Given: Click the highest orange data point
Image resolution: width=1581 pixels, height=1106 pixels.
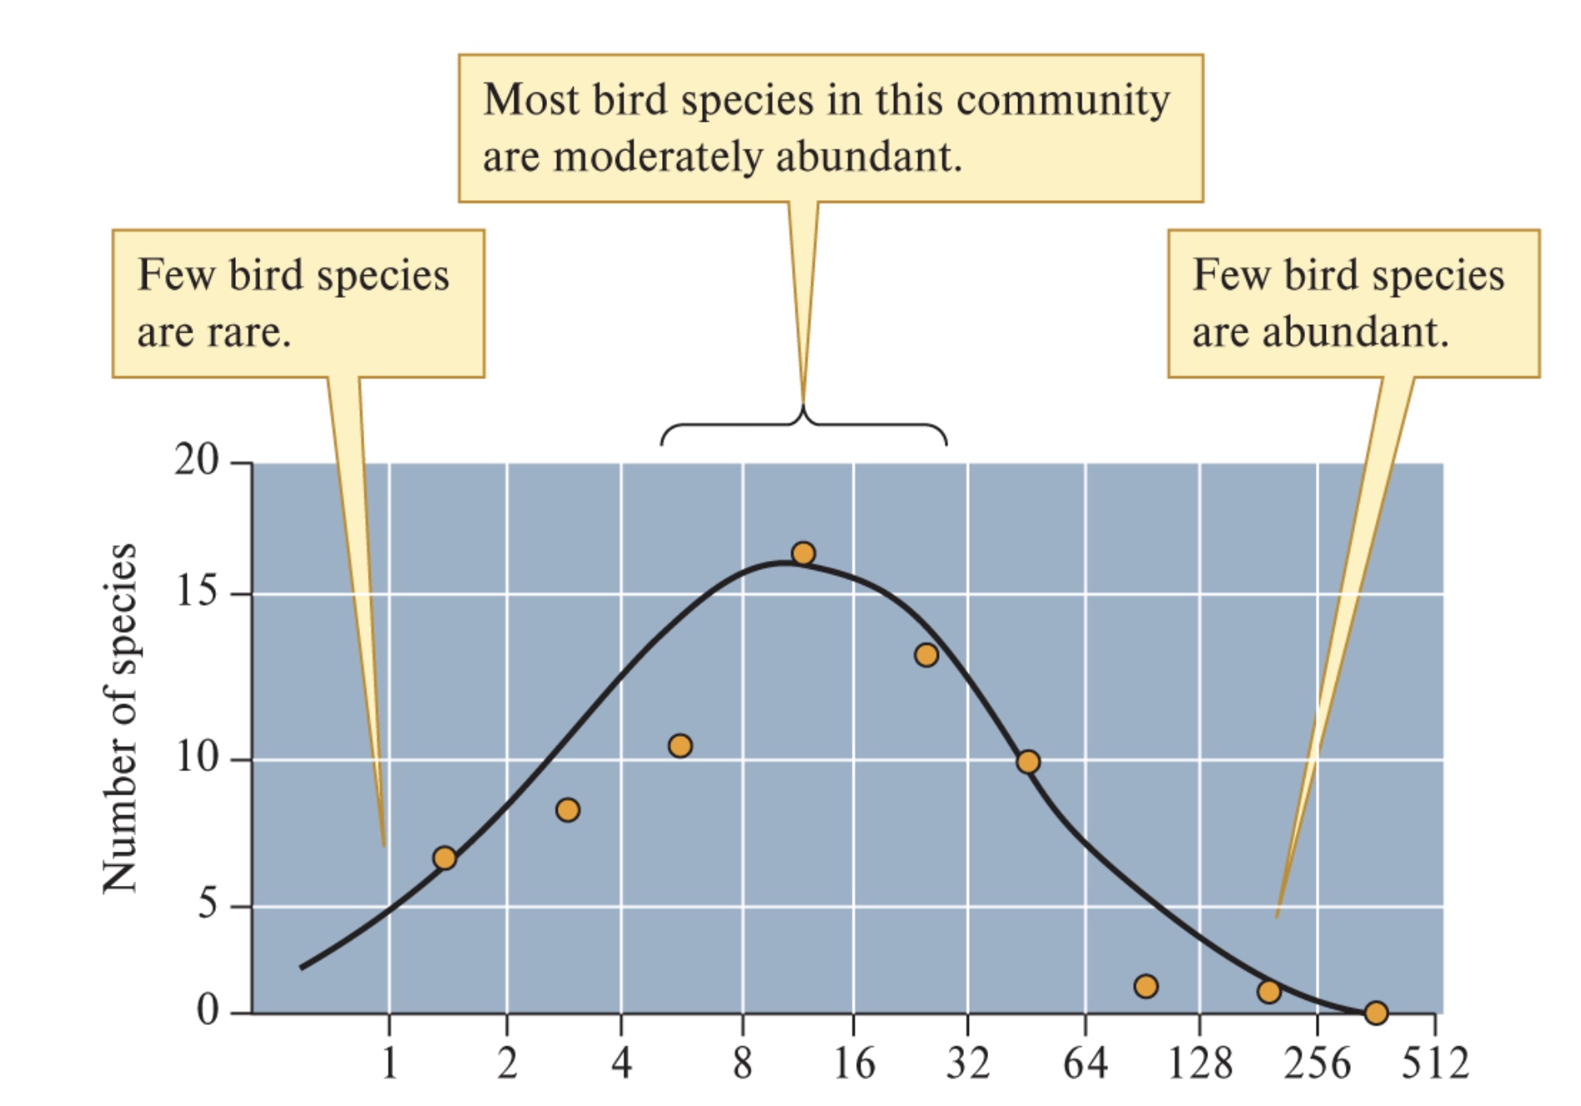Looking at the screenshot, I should pyautogui.click(x=803, y=553).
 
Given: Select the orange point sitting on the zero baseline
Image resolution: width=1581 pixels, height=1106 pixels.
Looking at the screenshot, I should pyautogui.click(x=1376, y=1013).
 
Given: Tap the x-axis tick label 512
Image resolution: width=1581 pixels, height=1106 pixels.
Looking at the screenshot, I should pyautogui.click(x=1434, y=1063).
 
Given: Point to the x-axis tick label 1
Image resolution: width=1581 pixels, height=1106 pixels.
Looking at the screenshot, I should pyautogui.click(x=389, y=1063).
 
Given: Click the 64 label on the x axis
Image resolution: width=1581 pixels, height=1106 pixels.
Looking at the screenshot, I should pyautogui.click(x=1085, y=1063).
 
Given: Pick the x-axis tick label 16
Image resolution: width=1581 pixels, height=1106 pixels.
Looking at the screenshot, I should pyautogui.click(x=854, y=1063).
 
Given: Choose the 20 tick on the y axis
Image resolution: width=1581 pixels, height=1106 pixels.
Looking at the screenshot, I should pyautogui.click(x=196, y=459).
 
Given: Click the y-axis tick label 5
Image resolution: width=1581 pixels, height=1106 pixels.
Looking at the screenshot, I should pyautogui.click(x=208, y=903).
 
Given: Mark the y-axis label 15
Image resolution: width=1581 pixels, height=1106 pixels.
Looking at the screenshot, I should pyautogui.click(x=196, y=592).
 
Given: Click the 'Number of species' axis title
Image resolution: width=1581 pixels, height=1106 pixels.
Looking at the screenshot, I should pyautogui.click(x=119, y=718).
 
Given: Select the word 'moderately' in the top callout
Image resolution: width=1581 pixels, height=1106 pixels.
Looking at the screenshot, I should pyautogui.click(x=657, y=157).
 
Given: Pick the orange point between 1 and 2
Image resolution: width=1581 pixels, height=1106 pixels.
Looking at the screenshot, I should pyautogui.click(x=444, y=858).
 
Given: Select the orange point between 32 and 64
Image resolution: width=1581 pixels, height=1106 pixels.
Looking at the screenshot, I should pyautogui.click(x=1027, y=762).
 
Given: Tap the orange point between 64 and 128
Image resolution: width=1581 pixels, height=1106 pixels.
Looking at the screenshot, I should pyautogui.click(x=1146, y=986).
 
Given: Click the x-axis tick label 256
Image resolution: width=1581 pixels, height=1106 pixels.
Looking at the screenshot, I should pyautogui.click(x=1317, y=1063).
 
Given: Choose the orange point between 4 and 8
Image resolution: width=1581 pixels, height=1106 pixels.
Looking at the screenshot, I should pyautogui.click(x=680, y=745).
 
